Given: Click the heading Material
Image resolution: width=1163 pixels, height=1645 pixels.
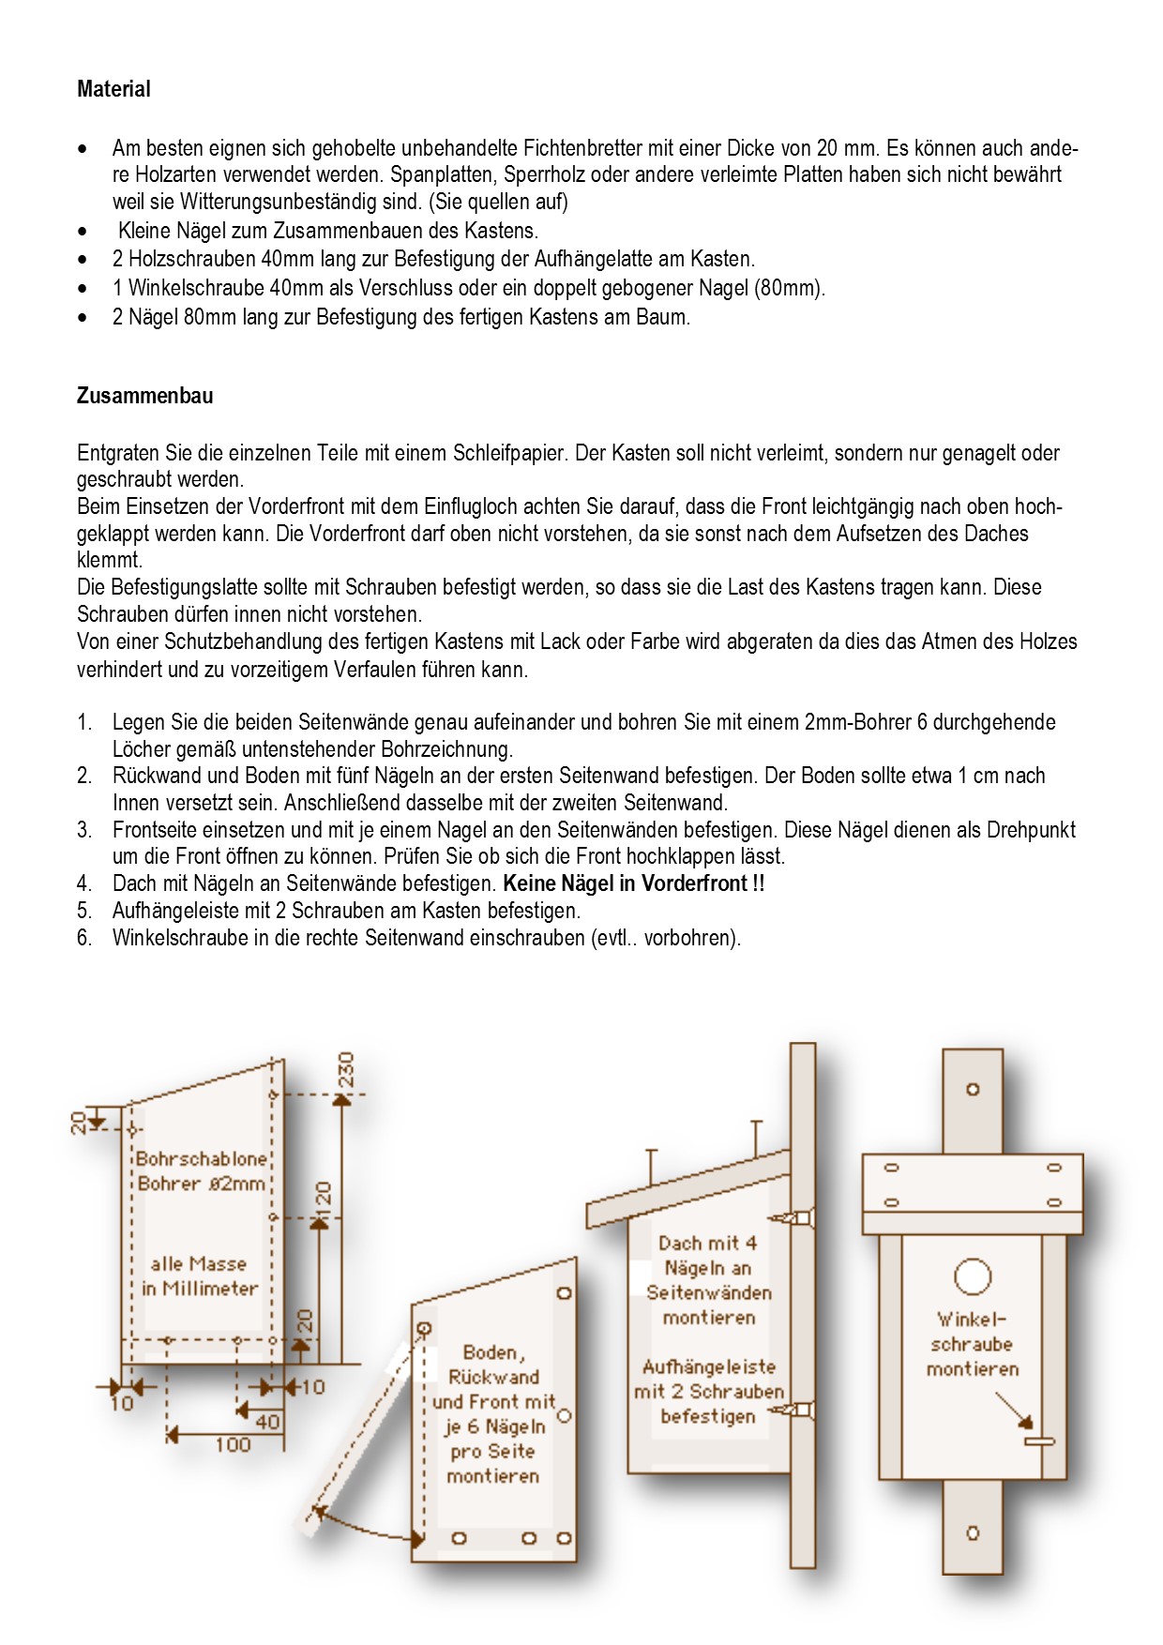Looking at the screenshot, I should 113,89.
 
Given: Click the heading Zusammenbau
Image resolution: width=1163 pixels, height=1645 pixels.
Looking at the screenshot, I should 144,396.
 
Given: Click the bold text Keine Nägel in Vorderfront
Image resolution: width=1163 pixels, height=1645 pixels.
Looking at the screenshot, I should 633,883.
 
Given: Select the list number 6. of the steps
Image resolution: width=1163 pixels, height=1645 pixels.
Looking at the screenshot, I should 84,938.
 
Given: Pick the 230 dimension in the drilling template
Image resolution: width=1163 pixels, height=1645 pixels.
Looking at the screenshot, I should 346,1069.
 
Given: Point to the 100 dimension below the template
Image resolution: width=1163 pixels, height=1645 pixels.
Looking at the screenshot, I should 233,1444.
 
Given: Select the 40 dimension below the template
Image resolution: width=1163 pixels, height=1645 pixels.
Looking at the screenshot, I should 267,1422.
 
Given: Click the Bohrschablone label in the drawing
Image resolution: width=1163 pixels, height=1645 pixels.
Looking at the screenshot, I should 201,1158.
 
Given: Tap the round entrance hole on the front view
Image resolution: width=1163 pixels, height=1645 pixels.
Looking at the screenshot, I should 973,1276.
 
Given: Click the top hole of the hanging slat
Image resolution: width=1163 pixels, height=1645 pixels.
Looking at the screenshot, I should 973,1090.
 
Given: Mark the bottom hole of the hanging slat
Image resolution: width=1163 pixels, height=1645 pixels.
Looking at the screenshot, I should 973,1533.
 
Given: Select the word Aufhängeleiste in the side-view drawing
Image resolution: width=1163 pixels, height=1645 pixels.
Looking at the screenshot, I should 709,1366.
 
